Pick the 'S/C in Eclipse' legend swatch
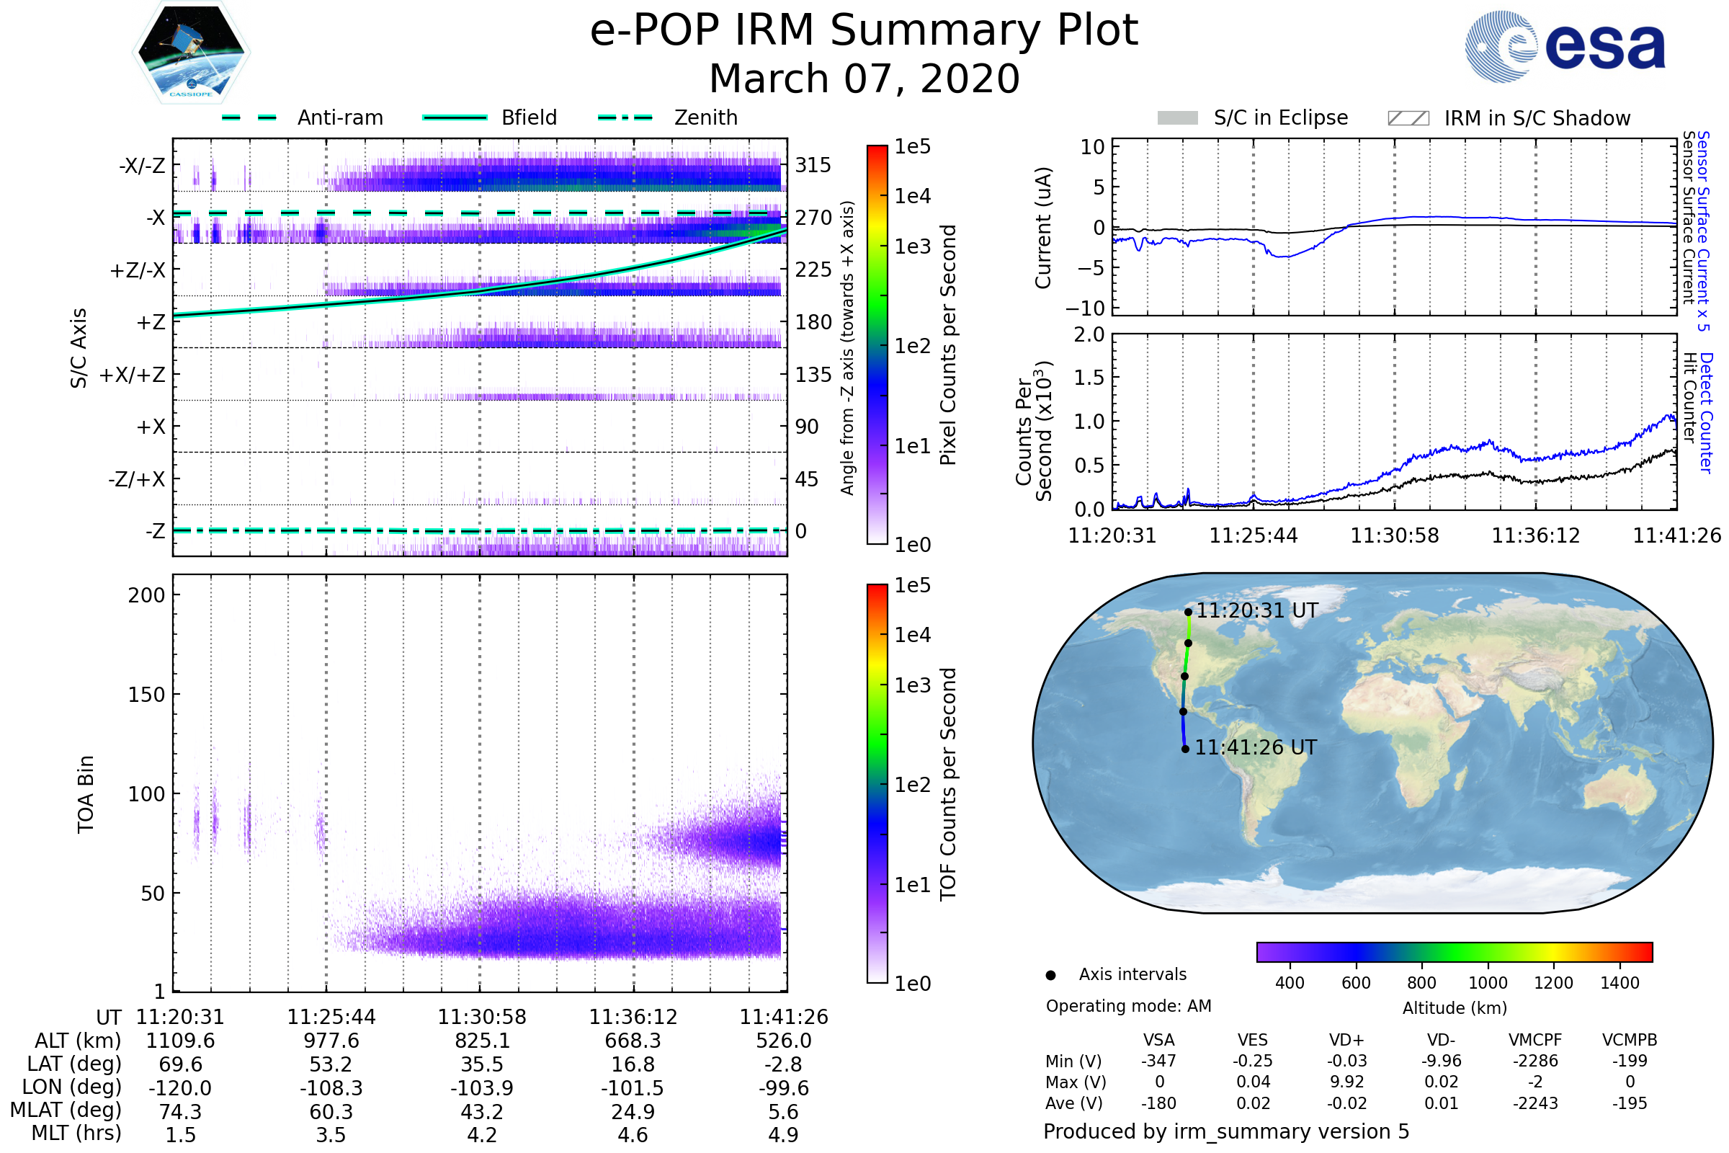pos(1177,118)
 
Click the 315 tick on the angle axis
pos(813,166)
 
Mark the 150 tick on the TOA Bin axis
pos(146,695)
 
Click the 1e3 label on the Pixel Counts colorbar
pos(912,247)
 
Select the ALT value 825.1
pos(481,1041)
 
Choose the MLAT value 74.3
pos(180,1112)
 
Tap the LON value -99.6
pos(784,1088)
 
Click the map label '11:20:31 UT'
pos(1256,611)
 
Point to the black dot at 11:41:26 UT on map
pos(1185,749)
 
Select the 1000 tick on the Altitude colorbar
pos(1487,983)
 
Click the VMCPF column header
pos(1535,1041)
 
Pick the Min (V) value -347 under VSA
pos(1158,1061)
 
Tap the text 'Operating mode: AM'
pos(1128,1006)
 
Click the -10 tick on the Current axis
pos(1085,308)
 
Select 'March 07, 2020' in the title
pos(864,79)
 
